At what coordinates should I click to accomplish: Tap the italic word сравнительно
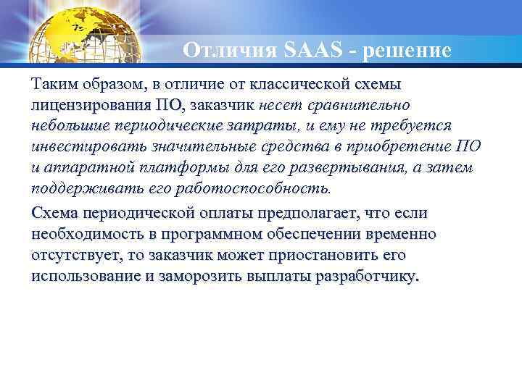tap(363, 106)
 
